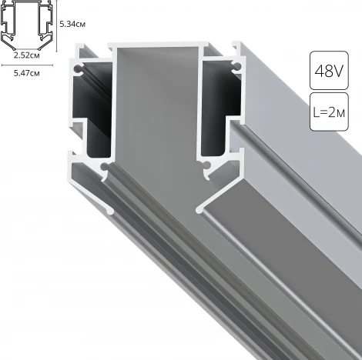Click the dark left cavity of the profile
tap(96, 115)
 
